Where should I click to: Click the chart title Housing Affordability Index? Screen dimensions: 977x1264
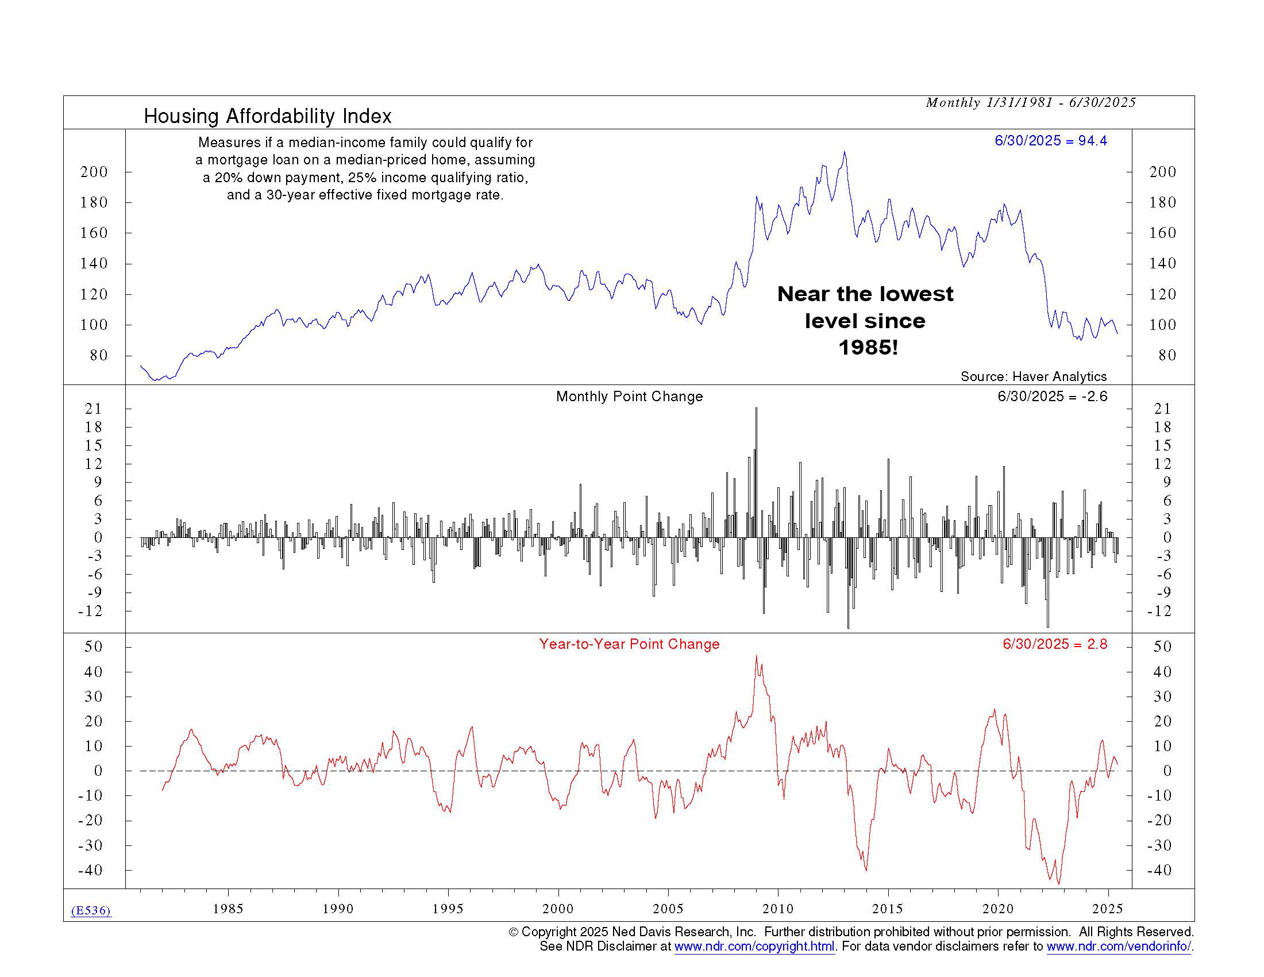(267, 116)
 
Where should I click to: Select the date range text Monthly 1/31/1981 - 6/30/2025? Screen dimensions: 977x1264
(1030, 103)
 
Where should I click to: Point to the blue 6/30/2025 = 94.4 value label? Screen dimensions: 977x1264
(1050, 141)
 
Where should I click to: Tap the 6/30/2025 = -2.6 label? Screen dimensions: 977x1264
(1052, 397)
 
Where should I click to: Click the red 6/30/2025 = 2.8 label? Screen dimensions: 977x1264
(1054, 644)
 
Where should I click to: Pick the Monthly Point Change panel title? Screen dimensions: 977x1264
(629, 397)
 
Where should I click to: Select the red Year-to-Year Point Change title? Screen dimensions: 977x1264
(629, 644)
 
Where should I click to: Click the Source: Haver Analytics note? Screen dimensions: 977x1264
(1033, 377)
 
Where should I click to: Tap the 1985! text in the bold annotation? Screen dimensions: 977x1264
(868, 347)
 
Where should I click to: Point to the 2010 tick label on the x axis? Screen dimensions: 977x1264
(778, 909)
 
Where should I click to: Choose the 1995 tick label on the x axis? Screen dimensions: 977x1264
(448, 909)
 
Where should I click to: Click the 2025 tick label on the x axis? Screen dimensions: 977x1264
(1107, 909)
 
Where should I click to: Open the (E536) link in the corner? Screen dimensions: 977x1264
(91, 910)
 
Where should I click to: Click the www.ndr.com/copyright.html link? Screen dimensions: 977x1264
(754, 947)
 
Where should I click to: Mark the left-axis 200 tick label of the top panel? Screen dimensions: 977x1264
(94, 172)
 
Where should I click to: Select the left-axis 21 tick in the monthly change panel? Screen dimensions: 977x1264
(93, 409)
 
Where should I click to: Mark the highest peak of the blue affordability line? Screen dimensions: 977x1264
(845, 153)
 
